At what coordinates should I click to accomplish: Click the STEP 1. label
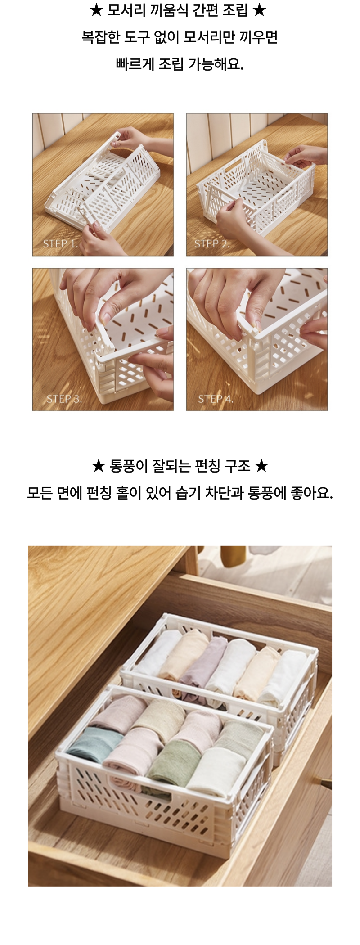tap(60, 244)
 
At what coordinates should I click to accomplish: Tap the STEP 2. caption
tap(212, 244)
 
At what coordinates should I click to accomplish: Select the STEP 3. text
tap(64, 399)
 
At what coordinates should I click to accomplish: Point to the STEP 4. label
tap(216, 399)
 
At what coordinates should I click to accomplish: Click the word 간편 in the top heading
tap(203, 10)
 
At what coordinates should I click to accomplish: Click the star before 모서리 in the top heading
tap(96, 10)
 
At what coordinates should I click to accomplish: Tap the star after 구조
tap(261, 466)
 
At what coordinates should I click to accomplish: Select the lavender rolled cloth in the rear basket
tap(203, 665)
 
